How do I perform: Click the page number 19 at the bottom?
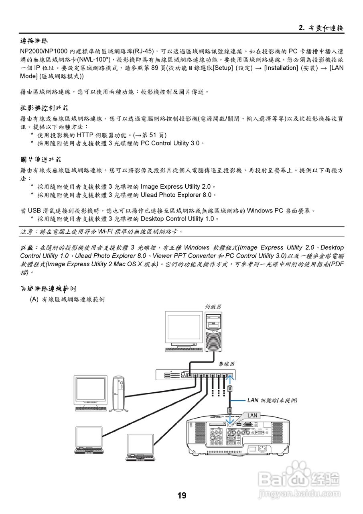click(182, 496)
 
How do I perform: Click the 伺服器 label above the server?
click(213, 306)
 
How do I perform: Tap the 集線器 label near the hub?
click(226, 364)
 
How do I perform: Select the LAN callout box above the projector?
click(251, 415)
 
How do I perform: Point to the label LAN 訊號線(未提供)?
click(272, 400)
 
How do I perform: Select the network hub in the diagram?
click(196, 375)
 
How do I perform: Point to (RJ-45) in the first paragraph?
click(143, 52)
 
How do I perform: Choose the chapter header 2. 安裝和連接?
click(321, 28)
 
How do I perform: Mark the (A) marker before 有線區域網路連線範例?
click(34, 300)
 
